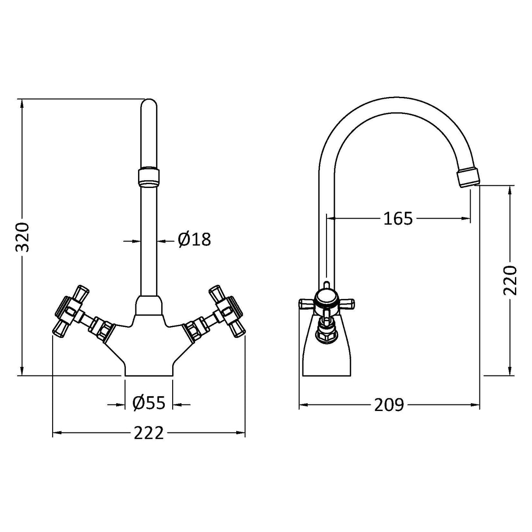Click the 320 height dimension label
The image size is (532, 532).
coord(22,237)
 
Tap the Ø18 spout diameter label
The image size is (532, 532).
coord(194,240)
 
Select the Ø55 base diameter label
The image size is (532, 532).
coord(149,402)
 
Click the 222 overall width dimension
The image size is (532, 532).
coord(149,433)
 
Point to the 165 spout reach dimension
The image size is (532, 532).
coord(398,218)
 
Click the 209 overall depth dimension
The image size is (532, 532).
coord(389,405)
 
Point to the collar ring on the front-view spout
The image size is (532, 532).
coord(149,177)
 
